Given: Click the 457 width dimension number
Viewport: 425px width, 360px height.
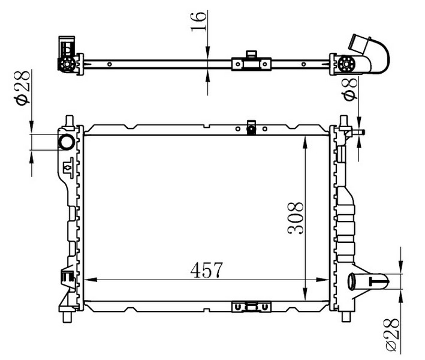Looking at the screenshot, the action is coord(207,270).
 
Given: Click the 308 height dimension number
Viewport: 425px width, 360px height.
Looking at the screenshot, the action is coord(296,218).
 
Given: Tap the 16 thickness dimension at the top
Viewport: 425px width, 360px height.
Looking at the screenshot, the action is coord(198,22).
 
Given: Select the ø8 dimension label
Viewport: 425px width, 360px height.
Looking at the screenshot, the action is coord(349,89).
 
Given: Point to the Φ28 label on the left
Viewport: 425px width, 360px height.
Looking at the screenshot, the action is coord(22,88).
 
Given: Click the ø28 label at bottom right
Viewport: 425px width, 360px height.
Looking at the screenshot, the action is coord(392,335).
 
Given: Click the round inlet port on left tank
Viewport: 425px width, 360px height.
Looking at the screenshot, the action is coord(67,142).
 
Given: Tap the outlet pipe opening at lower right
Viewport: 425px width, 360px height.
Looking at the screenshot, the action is coord(351,281).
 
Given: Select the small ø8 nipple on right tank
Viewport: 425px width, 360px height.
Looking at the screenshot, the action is coord(358,133).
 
